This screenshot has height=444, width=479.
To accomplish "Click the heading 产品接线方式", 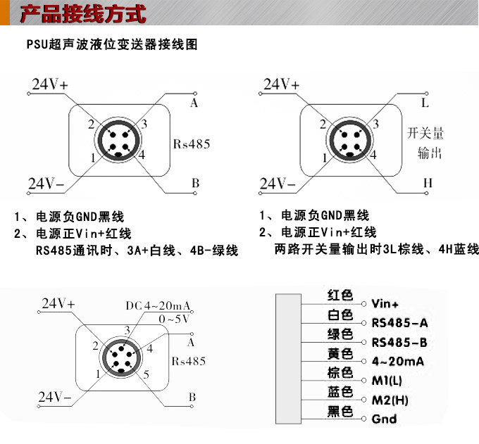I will [x=83, y=13].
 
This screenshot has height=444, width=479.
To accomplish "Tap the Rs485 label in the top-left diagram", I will [x=192, y=144].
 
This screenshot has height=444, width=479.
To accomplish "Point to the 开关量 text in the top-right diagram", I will [x=426, y=134].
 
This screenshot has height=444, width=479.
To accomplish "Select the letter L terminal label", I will [x=425, y=102].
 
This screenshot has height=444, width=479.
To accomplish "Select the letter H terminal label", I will [x=427, y=183].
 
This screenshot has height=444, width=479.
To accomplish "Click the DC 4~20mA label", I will [x=158, y=306].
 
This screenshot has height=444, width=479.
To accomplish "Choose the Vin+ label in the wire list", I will [x=385, y=305].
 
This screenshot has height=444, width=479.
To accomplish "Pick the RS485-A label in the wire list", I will [x=399, y=324].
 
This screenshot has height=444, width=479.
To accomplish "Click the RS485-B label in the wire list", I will [x=399, y=343].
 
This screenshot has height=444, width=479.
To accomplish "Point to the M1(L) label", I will [x=387, y=381].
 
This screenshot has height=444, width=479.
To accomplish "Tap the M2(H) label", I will [x=390, y=400].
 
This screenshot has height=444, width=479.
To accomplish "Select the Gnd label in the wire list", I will [x=384, y=419].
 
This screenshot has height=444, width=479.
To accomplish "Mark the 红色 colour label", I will [x=340, y=296].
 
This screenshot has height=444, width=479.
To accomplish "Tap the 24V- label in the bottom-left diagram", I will [x=55, y=395].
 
